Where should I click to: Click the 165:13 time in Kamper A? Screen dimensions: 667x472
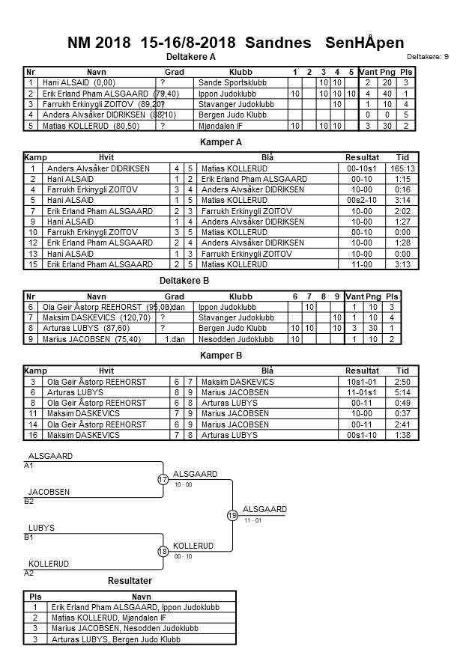coord(402,169)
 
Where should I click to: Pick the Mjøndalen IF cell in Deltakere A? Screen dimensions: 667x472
coord(220,126)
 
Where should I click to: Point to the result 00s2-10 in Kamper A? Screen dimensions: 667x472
coord(362,201)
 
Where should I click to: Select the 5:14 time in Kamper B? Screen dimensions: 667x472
coord(402,392)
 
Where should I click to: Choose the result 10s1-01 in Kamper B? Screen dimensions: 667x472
coord(362,382)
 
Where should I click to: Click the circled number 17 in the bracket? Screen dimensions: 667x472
coord(163,479)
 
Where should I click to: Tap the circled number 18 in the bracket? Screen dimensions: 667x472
coord(163,551)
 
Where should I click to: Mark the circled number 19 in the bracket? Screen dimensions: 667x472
coord(232,515)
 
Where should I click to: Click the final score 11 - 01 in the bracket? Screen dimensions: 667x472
coord(253,520)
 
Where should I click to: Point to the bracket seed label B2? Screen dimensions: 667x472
coord(30,502)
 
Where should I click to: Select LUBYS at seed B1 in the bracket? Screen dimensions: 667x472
coord(41,529)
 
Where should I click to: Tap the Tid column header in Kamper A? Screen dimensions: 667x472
coord(402,158)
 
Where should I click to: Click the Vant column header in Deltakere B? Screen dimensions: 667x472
coord(354,296)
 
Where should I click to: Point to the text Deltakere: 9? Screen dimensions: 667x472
coord(427,57)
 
